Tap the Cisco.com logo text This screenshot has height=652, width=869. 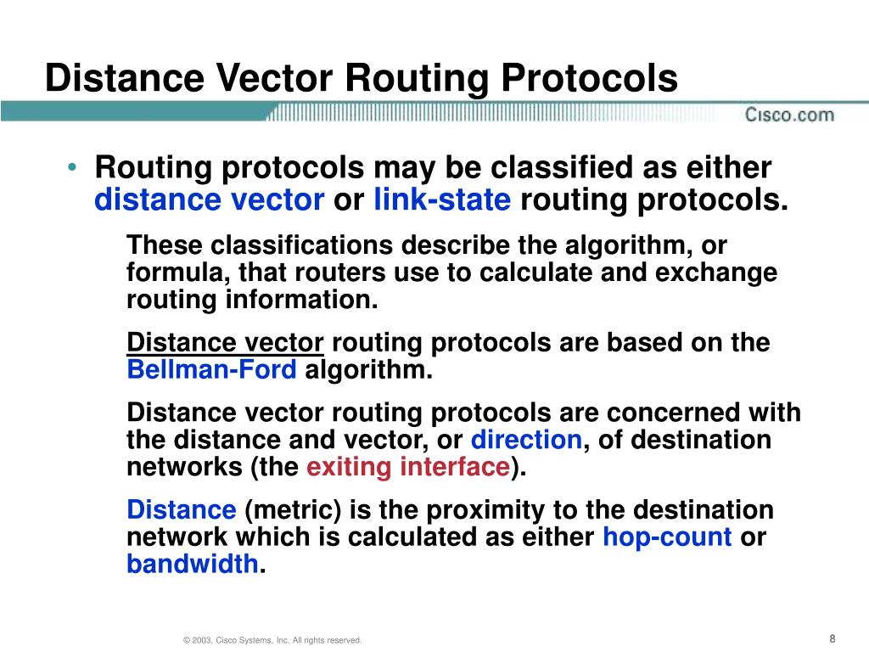tap(789, 115)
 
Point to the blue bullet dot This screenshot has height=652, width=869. tap(75, 167)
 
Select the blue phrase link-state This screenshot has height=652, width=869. tap(442, 200)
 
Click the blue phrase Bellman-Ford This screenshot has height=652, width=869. tap(211, 370)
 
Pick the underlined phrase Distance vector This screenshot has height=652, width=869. tap(225, 343)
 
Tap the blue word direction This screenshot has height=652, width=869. tap(526, 440)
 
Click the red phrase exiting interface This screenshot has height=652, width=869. tap(406, 468)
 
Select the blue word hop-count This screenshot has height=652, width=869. tap(667, 537)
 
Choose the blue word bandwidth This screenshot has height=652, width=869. tap(193, 564)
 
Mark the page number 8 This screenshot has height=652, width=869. tap(833, 638)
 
